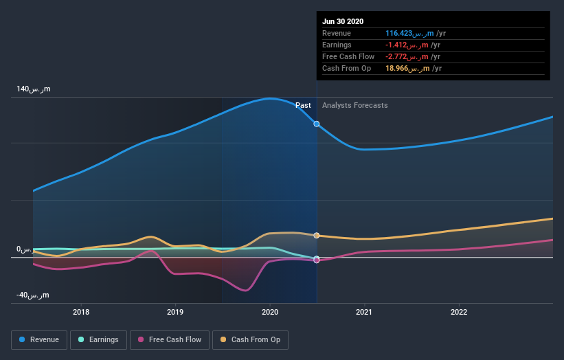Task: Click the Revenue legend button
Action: tap(40, 339)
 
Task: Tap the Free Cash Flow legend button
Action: tap(169, 339)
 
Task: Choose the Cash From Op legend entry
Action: tap(250, 339)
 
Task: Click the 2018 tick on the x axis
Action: tap(81, 311)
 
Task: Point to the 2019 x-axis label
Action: tap(175, 311)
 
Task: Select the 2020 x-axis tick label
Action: tap(270, 311)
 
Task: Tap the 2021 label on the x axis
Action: tap(364, 311)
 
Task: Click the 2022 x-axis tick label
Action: tap(458, 311)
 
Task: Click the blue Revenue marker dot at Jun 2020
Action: tap(317, 124)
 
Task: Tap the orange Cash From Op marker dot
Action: tap(317, 235)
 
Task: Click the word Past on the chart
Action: tap(303, 106)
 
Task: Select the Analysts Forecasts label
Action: tap(354, 106)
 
